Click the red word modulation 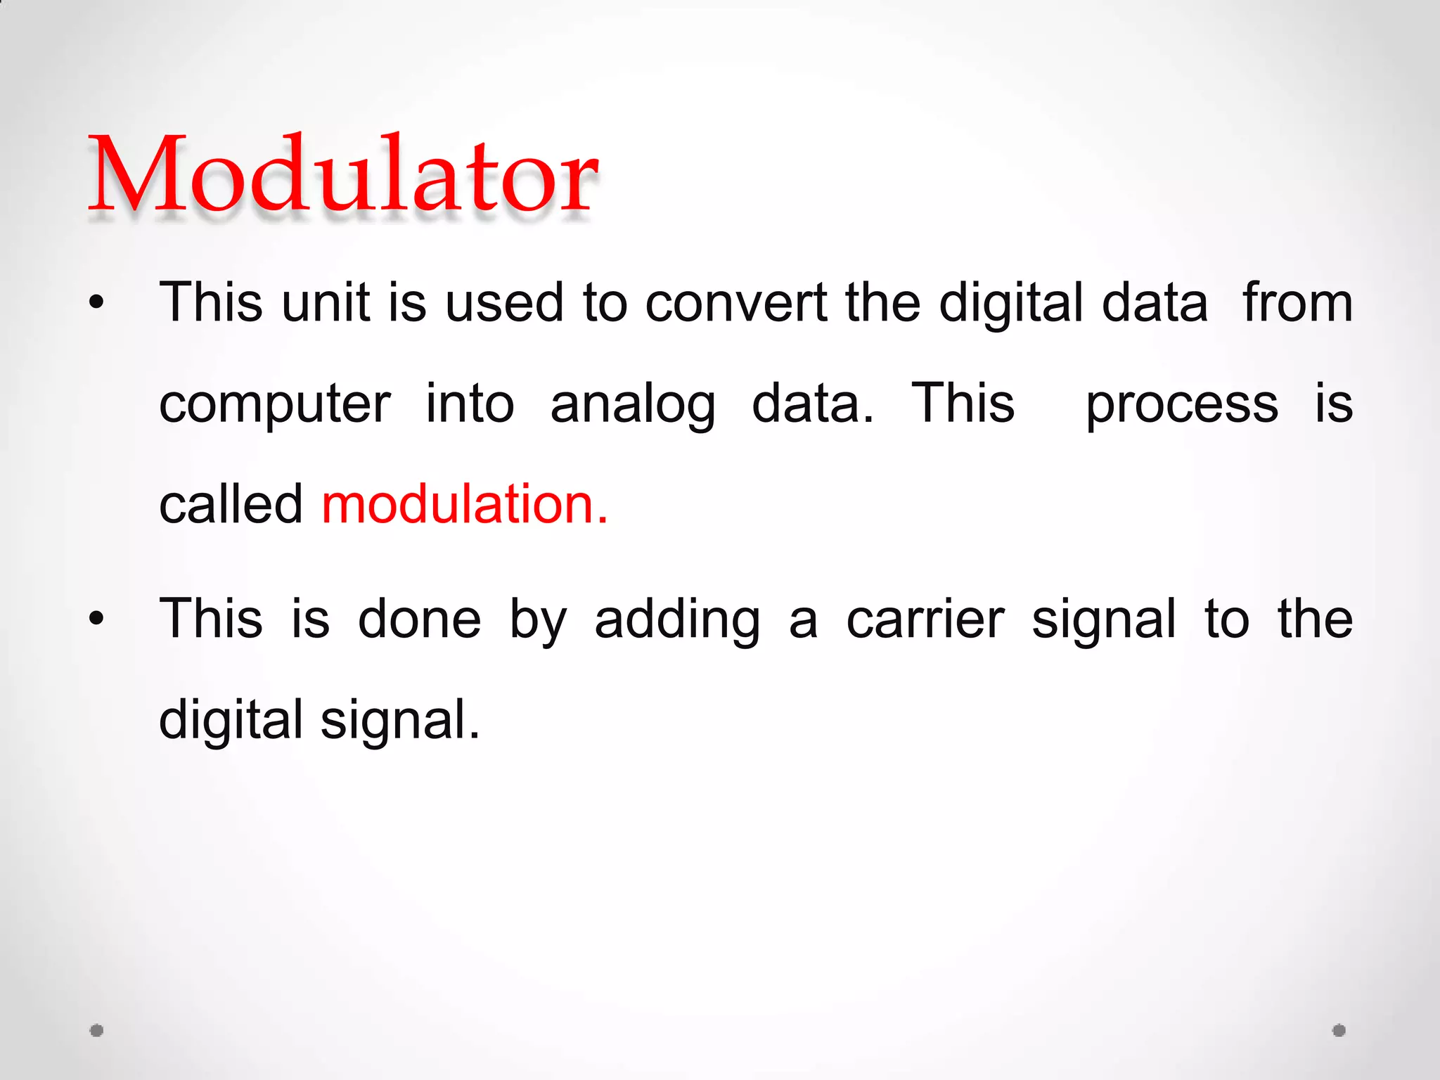464,504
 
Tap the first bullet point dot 96,303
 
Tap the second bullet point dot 96,619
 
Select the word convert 735,303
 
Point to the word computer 274,405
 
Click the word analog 633,405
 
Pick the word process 1182,405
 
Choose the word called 231,504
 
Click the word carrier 925,619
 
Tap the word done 419,619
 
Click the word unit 326,303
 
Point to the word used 504,303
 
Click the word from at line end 1297,303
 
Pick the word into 470,404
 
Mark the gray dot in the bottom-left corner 97,1030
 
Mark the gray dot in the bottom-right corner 1339,1030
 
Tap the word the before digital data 882,303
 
